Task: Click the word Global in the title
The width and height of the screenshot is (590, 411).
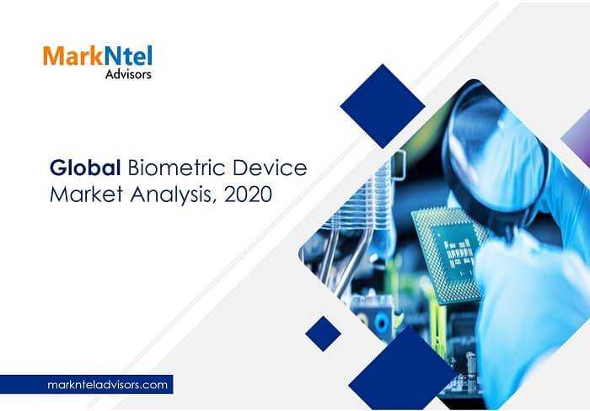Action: tap(85, 168)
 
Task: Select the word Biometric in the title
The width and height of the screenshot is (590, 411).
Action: tap(176, 168)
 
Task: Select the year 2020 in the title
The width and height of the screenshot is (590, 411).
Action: tap(248, 195)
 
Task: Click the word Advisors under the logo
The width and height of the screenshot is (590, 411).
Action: tap(128, 74)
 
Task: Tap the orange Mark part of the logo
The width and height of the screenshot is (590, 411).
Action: tap(72, 56)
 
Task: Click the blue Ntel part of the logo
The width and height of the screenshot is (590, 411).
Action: tap(128, 56)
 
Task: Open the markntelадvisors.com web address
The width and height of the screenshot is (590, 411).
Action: tap(108, 385)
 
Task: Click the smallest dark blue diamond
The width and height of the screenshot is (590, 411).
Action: tap(323, 334)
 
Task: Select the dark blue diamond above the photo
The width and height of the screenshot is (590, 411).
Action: tap(383, 106)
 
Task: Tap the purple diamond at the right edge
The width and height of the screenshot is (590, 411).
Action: tap(578, 138)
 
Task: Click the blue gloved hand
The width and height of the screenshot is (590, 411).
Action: tap(534, 301)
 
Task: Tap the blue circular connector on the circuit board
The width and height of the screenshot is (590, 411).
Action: tap(382, 323)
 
